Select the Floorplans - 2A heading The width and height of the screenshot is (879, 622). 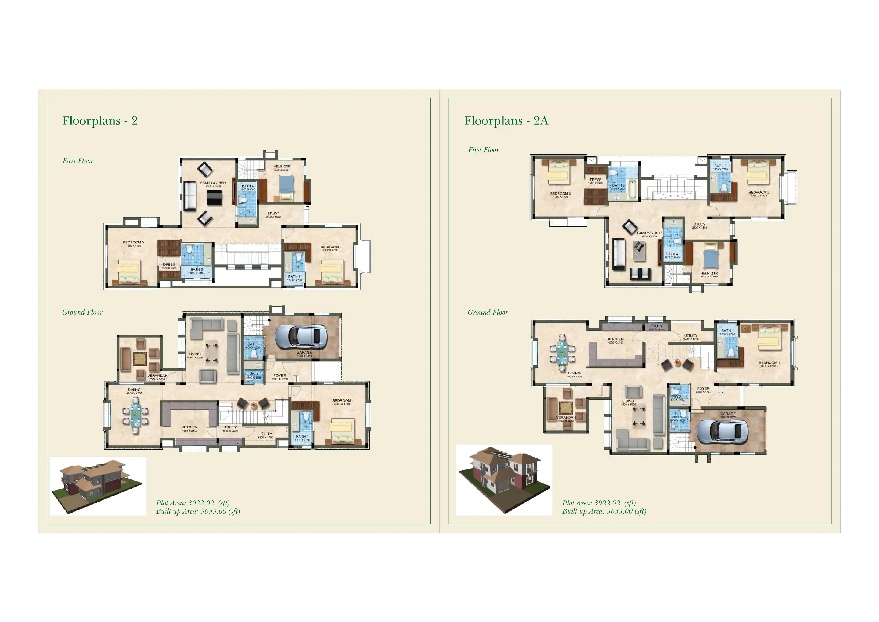click(506, 121)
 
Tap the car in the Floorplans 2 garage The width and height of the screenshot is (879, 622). click(301, 337)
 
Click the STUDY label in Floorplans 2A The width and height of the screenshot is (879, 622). click(699, 224)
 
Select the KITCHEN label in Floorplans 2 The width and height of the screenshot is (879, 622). click(190, 427)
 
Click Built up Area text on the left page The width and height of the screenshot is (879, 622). click(198, 511)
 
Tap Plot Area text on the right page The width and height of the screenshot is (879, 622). click(599, 503)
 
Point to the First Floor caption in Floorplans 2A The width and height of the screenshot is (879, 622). click(483, 150)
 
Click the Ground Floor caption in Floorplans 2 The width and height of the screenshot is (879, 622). click(82, 312)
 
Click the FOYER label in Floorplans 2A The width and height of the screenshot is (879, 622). click(703, 389)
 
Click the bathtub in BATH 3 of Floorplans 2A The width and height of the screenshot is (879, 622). click(632, 189)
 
